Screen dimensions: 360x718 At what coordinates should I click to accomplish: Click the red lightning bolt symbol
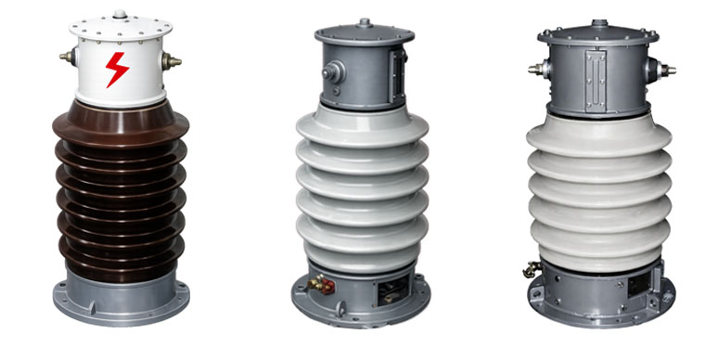117,69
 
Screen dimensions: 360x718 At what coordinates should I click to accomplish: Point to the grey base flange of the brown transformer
121,297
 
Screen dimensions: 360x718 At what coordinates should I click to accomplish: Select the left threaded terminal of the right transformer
535,69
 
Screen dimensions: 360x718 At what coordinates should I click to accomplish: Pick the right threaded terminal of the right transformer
666,69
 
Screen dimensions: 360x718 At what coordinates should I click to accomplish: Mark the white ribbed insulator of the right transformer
598,190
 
